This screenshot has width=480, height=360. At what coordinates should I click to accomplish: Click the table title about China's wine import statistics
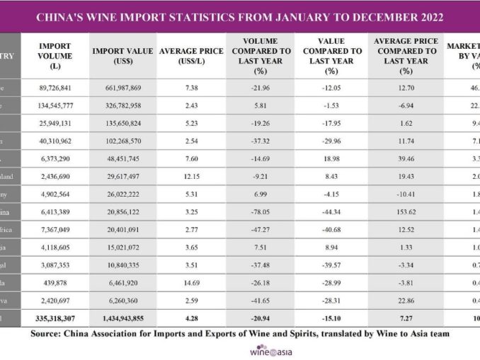tap(240, 16)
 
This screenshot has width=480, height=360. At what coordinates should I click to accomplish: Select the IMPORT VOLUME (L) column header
tap(55, 56)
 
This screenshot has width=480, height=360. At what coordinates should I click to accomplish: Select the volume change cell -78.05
tap(261, 211)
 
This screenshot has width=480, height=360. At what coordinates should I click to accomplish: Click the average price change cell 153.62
tap(406, 211)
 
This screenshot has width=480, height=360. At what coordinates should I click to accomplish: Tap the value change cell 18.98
tap(330, 158)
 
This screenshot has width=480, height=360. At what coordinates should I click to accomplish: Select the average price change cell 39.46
tap(406, 158)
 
